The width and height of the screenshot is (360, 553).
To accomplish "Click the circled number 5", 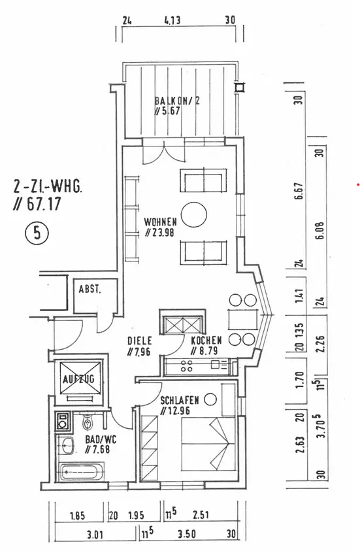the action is [37, 233].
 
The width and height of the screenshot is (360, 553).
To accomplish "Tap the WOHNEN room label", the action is [161, 222].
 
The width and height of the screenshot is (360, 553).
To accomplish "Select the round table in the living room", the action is [194, 215].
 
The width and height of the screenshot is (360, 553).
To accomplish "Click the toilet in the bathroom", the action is [87, 421].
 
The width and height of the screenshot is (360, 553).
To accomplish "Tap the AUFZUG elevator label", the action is [78, 380].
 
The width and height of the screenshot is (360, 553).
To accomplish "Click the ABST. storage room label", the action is [90, 290].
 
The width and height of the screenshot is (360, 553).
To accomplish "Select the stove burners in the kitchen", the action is [186, 366].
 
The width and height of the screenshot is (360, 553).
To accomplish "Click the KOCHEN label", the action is [206, 341].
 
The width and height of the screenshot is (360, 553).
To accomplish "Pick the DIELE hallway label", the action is [140, 341].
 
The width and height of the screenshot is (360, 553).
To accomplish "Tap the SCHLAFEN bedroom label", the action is [180, 401].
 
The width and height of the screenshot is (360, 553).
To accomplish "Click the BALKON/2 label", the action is [177, 101].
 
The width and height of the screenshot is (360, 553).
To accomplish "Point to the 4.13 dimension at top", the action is [172, 20].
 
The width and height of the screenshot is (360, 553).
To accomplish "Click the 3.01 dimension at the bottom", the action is [95, 535].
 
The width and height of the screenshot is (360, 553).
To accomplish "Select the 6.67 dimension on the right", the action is [299, 191].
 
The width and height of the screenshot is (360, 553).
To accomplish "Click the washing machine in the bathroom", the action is [63, 422].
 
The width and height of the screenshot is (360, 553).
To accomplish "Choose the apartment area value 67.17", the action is [41, 204].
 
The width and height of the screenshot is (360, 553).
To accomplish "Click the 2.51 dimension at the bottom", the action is [201, 515].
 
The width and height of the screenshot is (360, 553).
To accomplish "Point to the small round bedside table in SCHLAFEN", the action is [210, 399].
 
